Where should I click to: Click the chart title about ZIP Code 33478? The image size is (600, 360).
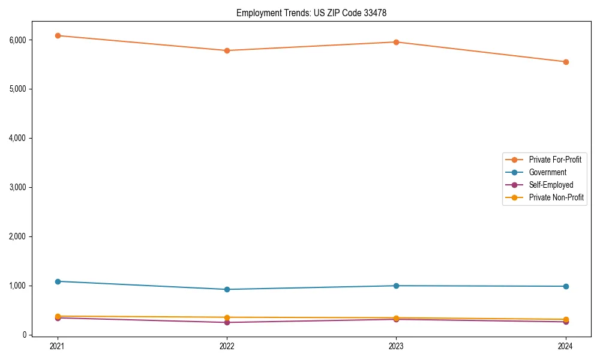coord(316,13)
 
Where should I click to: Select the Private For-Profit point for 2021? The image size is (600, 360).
coord(58,35)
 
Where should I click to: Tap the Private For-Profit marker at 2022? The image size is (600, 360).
coord(227,50)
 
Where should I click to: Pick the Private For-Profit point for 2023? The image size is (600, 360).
coord(396,42)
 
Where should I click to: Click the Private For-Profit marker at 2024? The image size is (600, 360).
coord(565,62)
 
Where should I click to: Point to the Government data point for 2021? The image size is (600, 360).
coord(58,281)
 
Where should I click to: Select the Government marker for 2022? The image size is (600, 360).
coord(227,289)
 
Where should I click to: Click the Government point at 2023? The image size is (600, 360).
coord(396,286)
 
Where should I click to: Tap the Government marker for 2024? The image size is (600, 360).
coord(565,286)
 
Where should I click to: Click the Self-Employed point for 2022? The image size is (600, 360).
coord(227,322)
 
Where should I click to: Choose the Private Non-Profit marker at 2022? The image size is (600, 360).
coord(227,317)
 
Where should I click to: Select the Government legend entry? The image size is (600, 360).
coord(547,172)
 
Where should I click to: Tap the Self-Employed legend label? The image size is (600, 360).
coord(551,185)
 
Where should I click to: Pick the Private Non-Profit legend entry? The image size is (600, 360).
coord(556,197)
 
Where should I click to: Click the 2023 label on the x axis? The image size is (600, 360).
coord(396,346)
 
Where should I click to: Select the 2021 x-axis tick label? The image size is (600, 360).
coord(58,346)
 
